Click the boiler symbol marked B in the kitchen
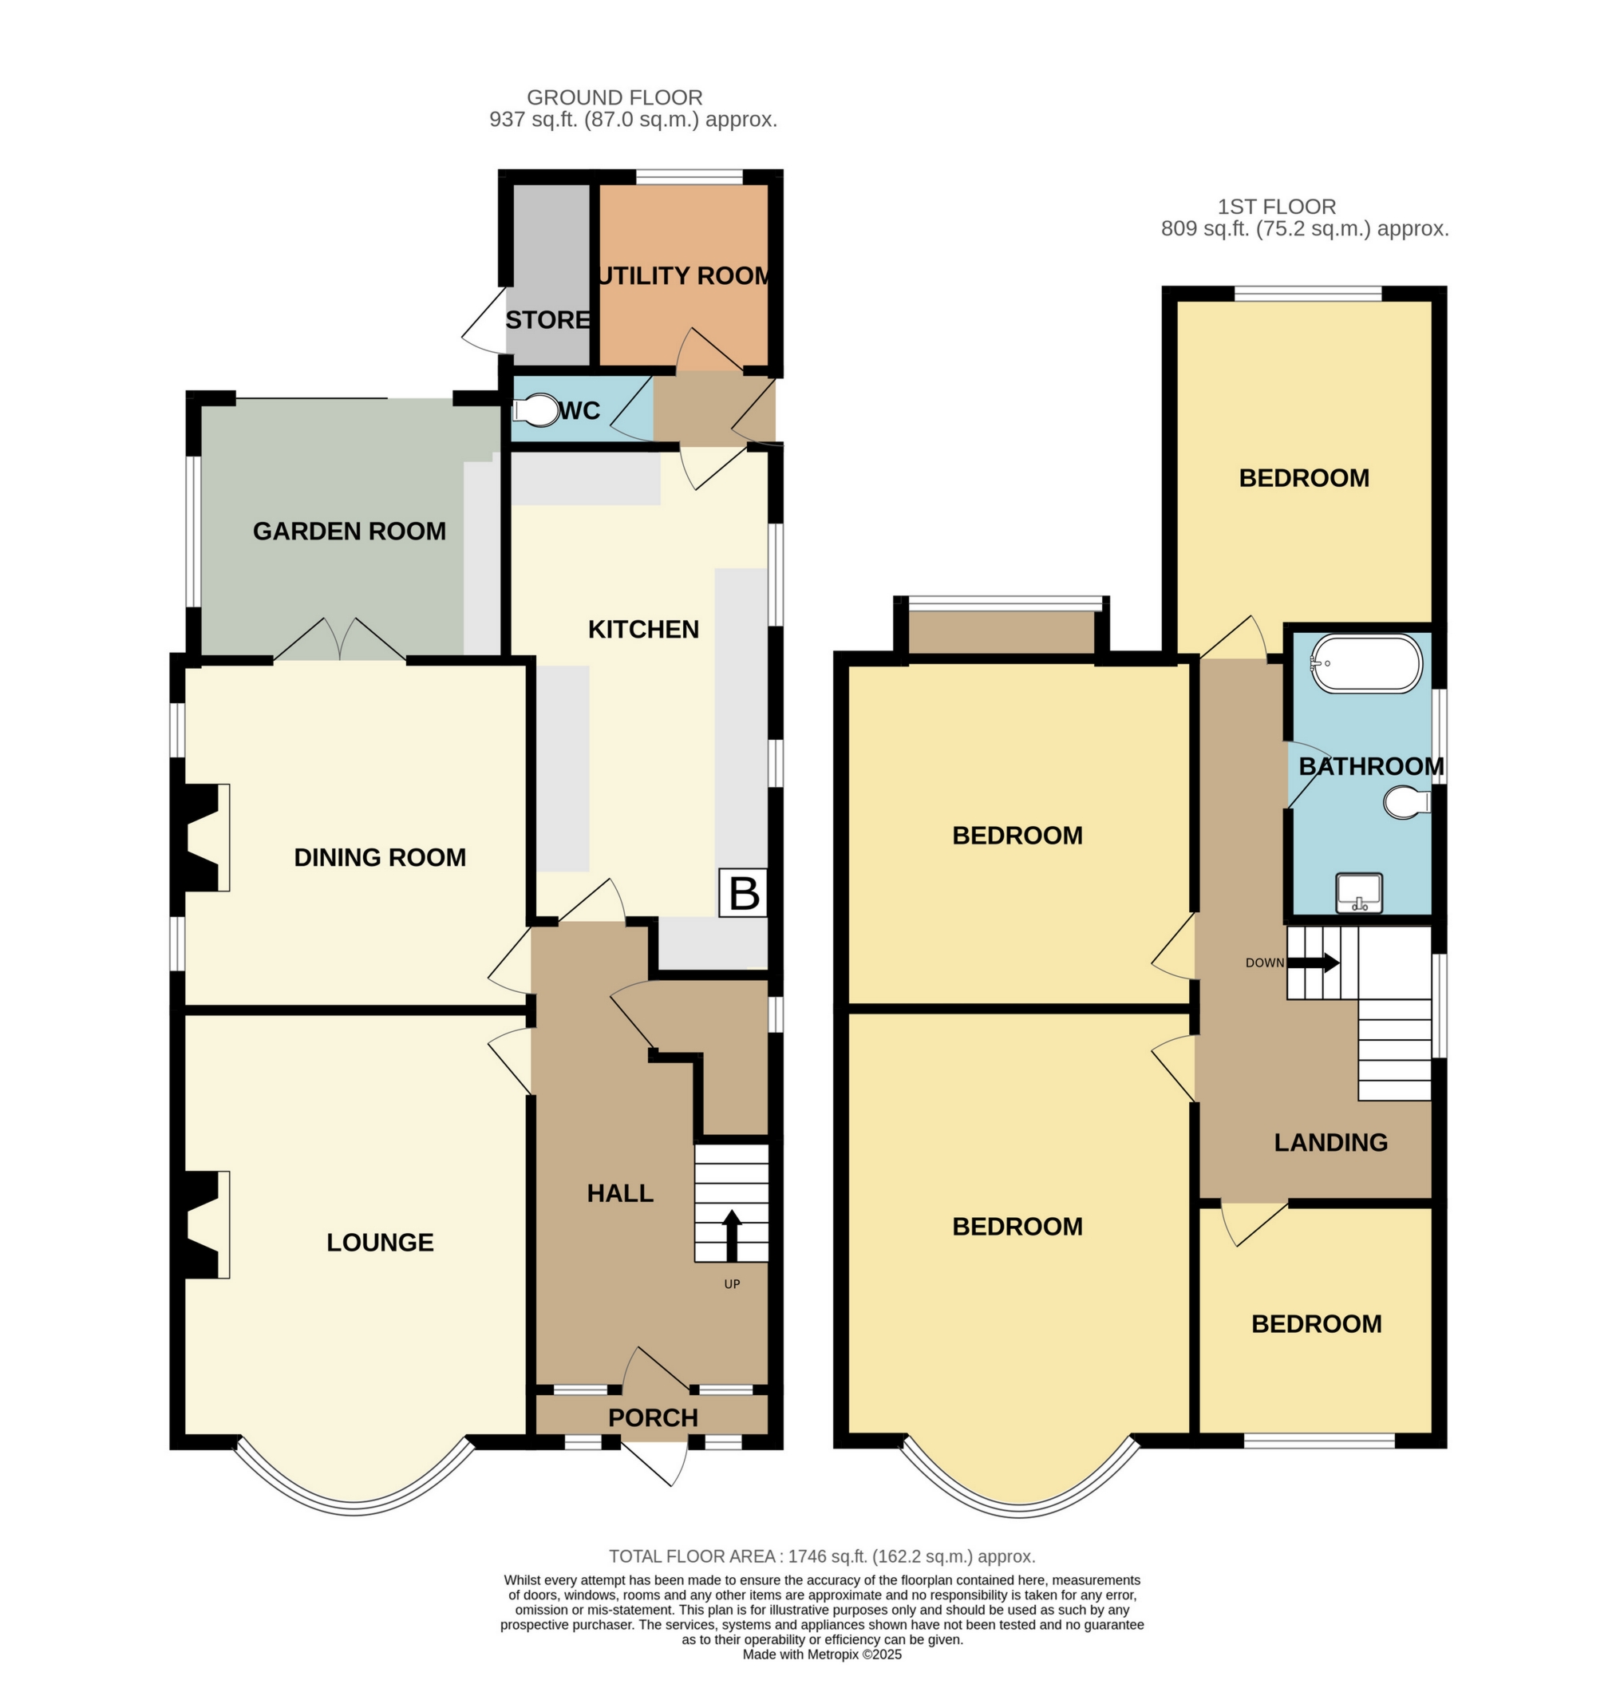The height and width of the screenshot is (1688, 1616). (743, 893)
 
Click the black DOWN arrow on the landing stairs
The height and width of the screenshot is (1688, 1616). (1312, 962)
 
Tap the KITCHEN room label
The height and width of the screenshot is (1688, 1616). (643, 630)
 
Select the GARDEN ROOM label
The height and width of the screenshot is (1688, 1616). (349, 532)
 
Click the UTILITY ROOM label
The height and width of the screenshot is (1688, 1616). (685, 275)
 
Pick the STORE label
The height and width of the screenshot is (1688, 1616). (547, 320)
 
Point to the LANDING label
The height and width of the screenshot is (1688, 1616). (1330, 1143)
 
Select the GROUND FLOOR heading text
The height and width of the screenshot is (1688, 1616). (614, 97)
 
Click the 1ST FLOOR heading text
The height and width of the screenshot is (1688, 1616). (1276, 207)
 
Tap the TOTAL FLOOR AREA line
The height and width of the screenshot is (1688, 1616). (821, 1556)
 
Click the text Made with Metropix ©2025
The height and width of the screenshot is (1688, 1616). (821, 1654)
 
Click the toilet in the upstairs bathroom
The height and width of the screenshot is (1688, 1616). (1406, 803)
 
